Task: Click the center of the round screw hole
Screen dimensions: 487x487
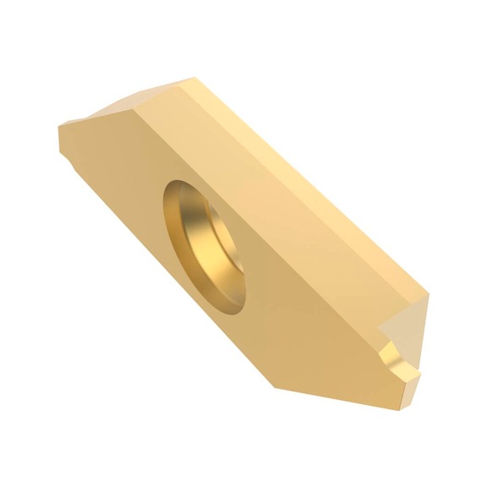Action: [x=206, y=246]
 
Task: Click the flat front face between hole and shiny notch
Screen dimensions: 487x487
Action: [x=313, y=321]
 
